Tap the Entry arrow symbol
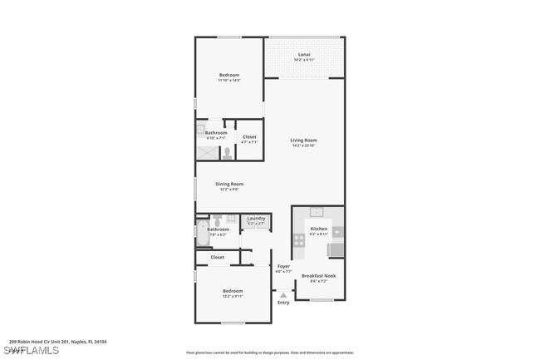pos(283,293)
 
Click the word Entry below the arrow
pos(283,303)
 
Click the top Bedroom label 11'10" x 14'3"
pos(228,77)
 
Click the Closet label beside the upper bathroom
pos(249,139)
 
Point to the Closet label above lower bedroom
pos(218,258)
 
